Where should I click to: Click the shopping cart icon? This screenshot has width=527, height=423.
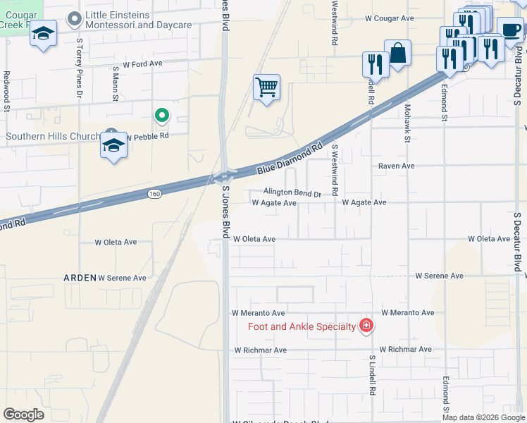tap(266, 88)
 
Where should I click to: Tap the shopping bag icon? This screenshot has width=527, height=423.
tap(397, 53)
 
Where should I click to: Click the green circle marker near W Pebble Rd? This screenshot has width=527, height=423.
tap(161, 115)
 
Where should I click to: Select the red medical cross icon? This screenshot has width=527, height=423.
tap(366, 326)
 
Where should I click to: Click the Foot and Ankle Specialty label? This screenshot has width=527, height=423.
tap(302, 326)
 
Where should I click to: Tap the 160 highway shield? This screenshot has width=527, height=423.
tap(155, 192)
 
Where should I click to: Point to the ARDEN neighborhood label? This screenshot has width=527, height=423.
tap(80, 278)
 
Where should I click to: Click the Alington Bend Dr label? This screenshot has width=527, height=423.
tap(292, 192)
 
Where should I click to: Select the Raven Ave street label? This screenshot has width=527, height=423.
tap(397, 166)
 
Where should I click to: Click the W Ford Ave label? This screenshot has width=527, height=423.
tap(142, 63)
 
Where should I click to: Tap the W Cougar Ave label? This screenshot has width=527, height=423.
tap(389, 18)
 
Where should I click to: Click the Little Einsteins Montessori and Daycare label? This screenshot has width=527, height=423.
tap(138, 20)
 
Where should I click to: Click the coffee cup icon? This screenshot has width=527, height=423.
tap(510, 30)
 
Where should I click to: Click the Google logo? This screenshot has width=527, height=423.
tap(24, 415)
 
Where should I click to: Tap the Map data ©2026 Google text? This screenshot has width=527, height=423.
tap(483, 417)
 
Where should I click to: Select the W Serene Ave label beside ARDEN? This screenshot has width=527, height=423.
tap(122, 278)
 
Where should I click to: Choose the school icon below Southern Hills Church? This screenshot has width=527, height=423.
tap(113, 147)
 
